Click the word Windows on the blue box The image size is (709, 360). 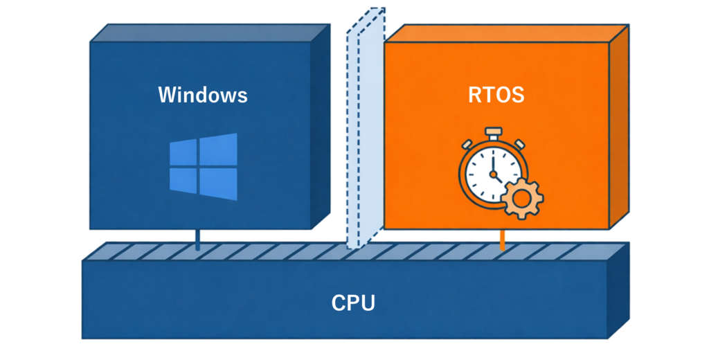click(x=202, y=94)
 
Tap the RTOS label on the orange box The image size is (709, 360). click(x=496, y=94)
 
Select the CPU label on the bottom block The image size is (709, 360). click(x=353, y=303)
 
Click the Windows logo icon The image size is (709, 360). click(x=204, y=167)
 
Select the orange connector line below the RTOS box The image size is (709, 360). click(x=503, y=240)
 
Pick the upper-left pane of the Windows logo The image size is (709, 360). click(x=183, y=153)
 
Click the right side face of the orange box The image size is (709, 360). click(x=618, y=125)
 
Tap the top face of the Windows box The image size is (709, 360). click(x=208, y=33)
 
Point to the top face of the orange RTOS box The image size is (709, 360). click(x=505, y=33)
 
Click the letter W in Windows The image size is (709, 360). click(x=167, y=94)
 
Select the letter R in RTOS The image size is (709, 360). click(x=474, y=94)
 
